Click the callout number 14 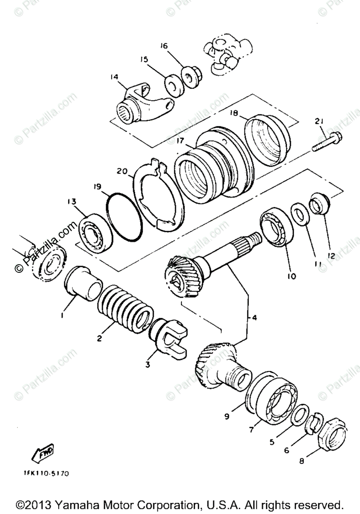click(x=114, y=77)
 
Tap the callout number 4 click(x=254, y=318)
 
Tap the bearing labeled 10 click(x=276, y=227)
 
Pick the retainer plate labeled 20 click(x=160, y=195)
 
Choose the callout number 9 click(x=226, y=415)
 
